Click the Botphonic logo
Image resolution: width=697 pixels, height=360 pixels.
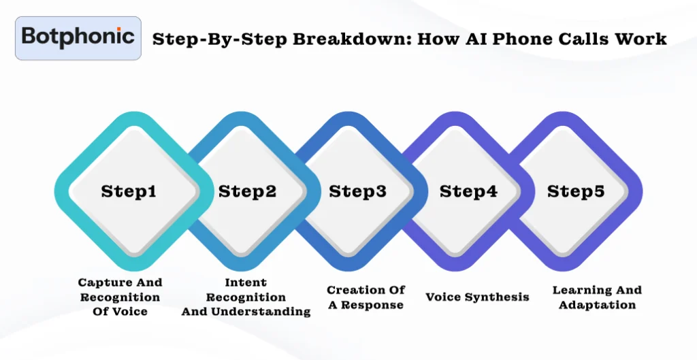78,38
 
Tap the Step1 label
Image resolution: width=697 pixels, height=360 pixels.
129,191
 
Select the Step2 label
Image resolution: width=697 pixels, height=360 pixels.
247,191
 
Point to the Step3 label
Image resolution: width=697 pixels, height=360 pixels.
358,191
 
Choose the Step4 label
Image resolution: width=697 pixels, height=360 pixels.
468,191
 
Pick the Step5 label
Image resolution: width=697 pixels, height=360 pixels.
576,191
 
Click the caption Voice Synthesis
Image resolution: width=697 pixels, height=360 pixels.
477,297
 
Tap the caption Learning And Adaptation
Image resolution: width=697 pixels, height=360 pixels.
597,297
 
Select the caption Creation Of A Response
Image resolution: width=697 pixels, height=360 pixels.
366,297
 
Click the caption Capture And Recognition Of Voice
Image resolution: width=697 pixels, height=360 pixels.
120,297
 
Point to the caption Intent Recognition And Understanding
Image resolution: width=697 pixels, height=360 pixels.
246,297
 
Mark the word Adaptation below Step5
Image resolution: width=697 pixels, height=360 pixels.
597,305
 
